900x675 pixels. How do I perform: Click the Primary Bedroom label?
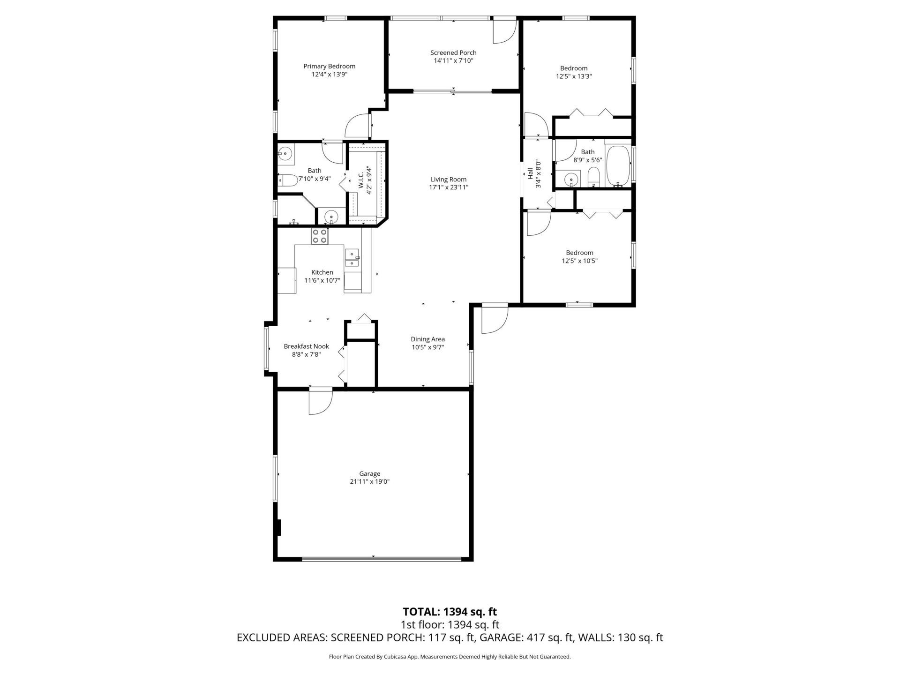click(329, 66)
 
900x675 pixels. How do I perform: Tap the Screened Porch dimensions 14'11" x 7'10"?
click(453, 60)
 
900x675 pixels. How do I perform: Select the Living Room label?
click(449, 179)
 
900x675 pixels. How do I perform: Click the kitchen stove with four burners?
click(320, 236)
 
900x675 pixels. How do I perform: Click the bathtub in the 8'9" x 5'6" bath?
click(618, 166)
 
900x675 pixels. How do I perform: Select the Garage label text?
click(369, 473)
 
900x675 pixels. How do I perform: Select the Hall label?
click(530, 174)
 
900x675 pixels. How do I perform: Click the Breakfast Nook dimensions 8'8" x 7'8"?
click(306, 354)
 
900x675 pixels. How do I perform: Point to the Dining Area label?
click(427, 339)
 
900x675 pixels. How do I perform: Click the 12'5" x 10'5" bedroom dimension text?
click(579, 261)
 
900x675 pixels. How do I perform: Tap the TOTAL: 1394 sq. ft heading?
click(450, 612)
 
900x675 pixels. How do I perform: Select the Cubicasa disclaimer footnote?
click(450, 657)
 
